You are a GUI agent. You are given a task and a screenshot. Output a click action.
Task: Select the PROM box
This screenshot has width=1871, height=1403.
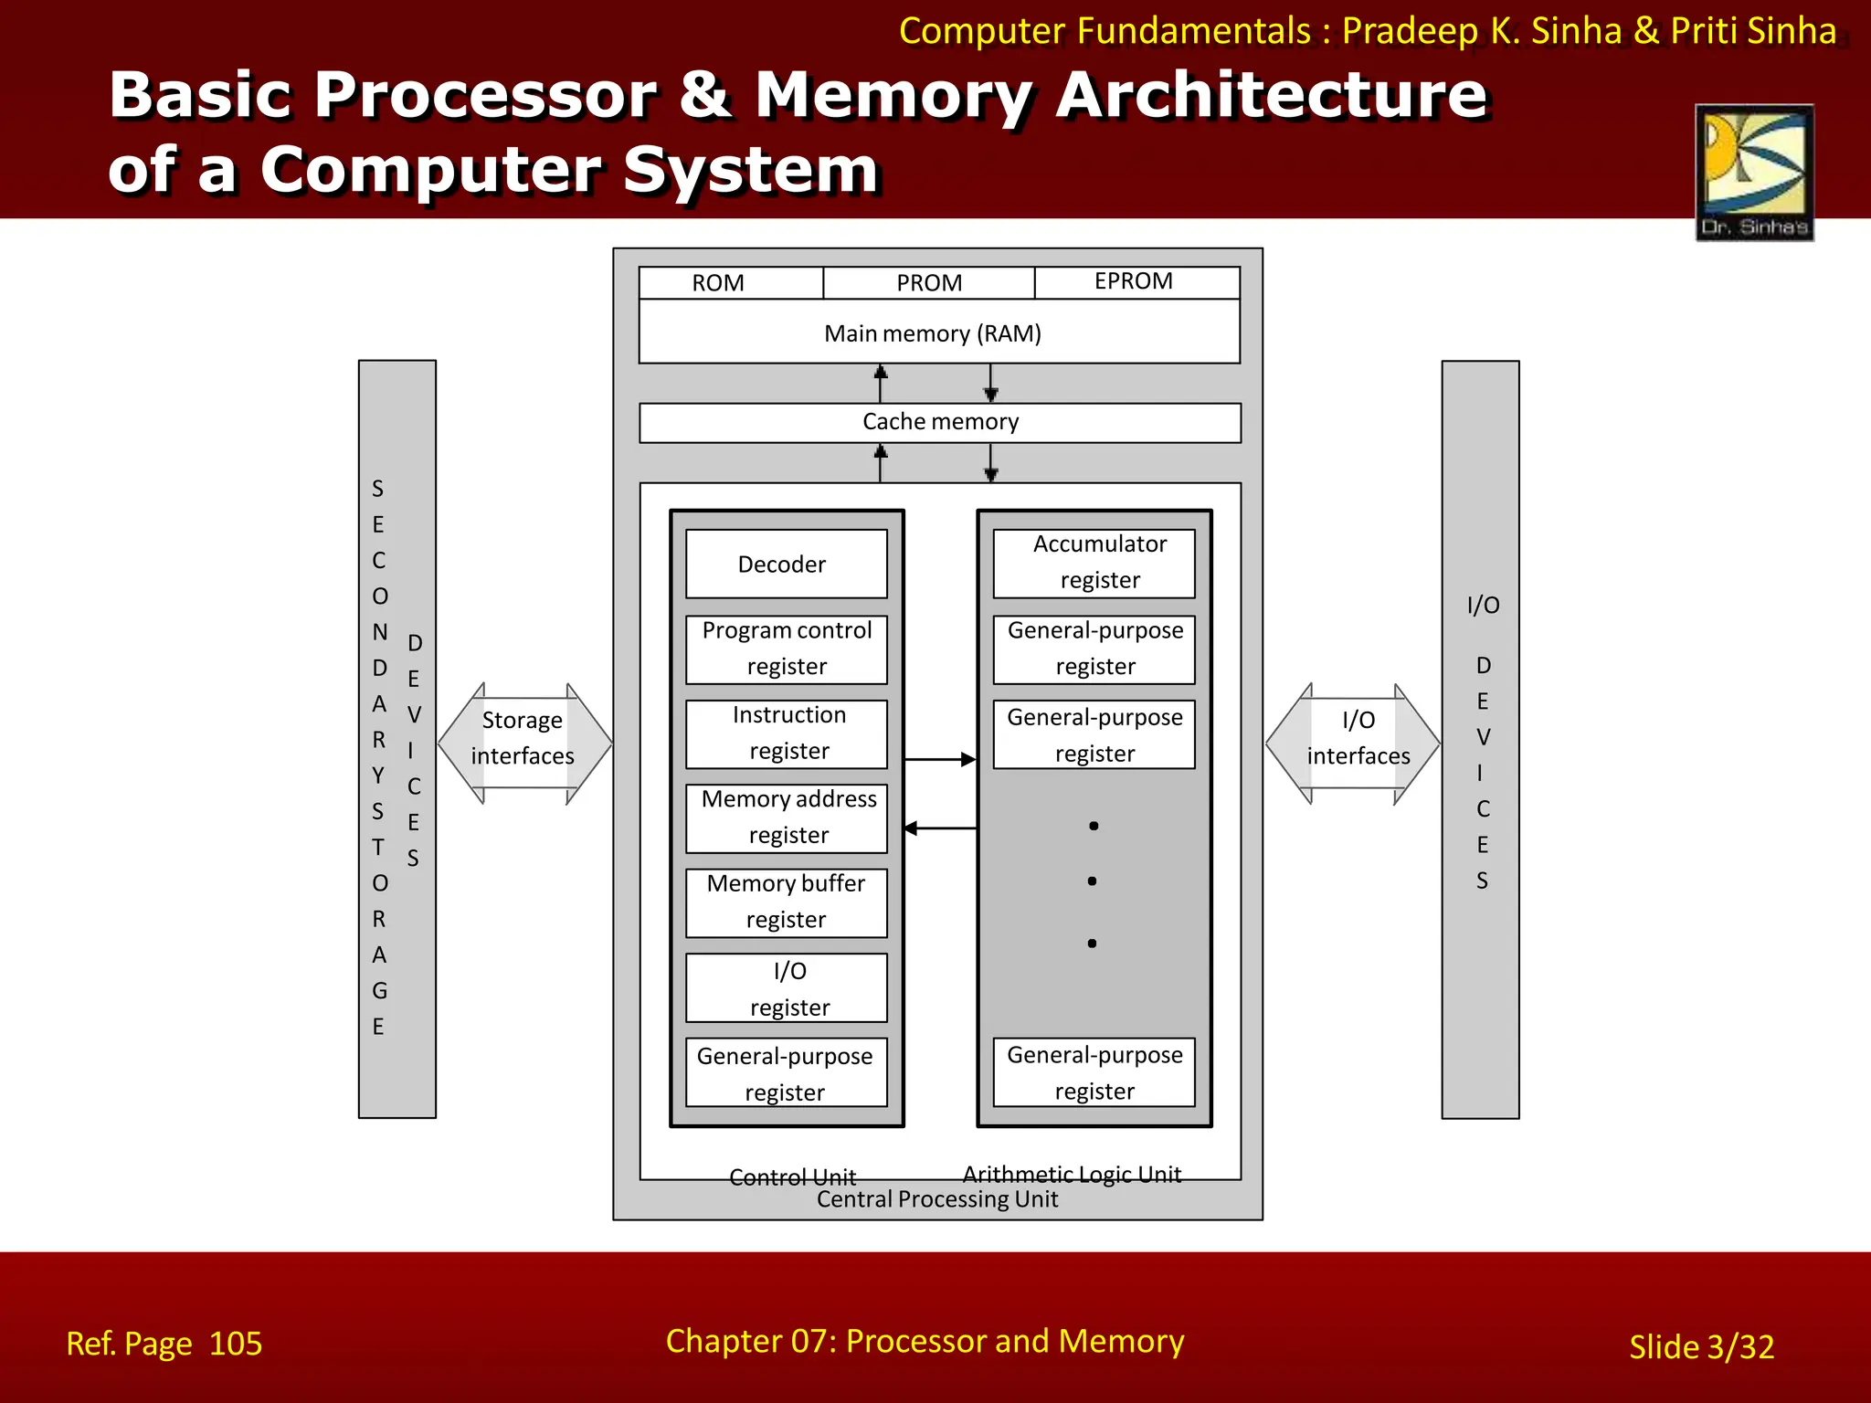tap(928, 283)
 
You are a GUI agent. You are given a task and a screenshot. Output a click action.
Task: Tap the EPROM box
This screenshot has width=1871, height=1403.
tap(1136, 282)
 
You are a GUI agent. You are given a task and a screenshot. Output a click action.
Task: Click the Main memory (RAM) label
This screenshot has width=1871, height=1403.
tap(933, 333)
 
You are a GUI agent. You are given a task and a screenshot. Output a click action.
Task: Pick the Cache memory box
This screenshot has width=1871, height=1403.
tap(939, 422)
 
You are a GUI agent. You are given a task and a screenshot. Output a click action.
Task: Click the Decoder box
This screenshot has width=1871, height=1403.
tap(786, 564)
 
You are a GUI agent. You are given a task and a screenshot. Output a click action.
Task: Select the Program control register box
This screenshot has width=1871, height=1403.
tap(786, 649)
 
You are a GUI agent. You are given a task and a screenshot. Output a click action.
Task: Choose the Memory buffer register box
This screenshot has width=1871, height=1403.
tap(786, 902)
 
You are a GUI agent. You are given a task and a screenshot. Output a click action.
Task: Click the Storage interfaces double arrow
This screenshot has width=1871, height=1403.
tap(523, 743)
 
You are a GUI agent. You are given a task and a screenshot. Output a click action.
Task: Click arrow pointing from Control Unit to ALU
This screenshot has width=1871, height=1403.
tap(940, 759)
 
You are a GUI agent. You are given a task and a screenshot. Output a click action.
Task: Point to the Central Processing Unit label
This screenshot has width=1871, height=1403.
tap(936, 1199)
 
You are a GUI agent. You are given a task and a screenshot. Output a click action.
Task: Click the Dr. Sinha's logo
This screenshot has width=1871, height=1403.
tap(1754, 172)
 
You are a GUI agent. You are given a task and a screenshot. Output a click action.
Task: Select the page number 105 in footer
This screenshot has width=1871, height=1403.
tap(235, 1344)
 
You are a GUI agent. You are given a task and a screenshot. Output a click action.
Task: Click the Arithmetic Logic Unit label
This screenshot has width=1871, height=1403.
tap(1072, 1174)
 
